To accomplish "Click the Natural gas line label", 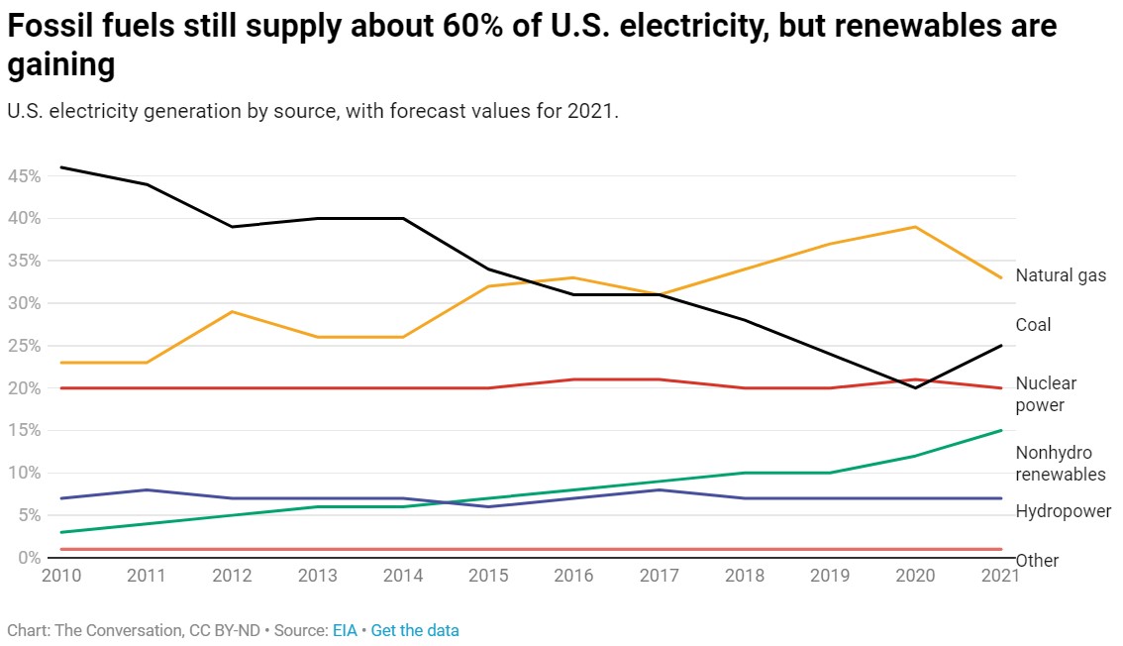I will point(1061,275).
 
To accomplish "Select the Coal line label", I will point(1033,325).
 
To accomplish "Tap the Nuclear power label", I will point(1046,393).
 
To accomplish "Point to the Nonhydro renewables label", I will point(1061,463).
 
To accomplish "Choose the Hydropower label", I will point(1063,511).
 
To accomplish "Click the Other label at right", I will point(1037,561).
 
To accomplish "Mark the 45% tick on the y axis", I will point(23,176).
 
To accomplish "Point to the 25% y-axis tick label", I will point(23,346).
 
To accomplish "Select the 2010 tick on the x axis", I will point(60,576).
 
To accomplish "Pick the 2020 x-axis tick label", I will point(915,576).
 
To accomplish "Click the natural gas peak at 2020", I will point(915,227).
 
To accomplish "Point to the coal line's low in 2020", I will point(915,387).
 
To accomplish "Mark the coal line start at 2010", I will point(61,167).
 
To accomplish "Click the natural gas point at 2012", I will point(232,311).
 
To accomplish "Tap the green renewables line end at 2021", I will point(1001,430).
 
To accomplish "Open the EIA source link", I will point(345,630).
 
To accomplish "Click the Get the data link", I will point(415,630).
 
